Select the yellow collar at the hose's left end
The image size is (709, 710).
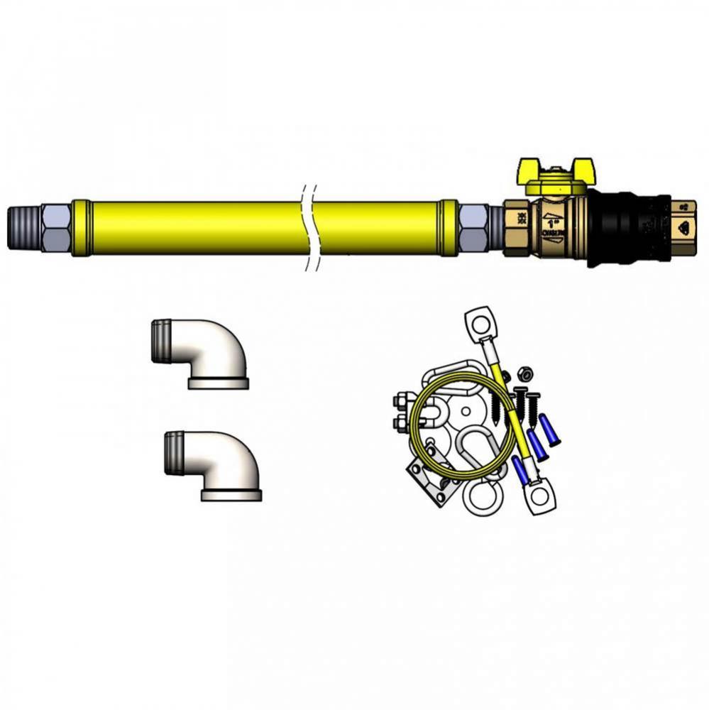(81, 227)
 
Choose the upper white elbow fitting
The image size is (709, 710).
(203, 353)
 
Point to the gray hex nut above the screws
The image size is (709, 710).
(524, 373)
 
